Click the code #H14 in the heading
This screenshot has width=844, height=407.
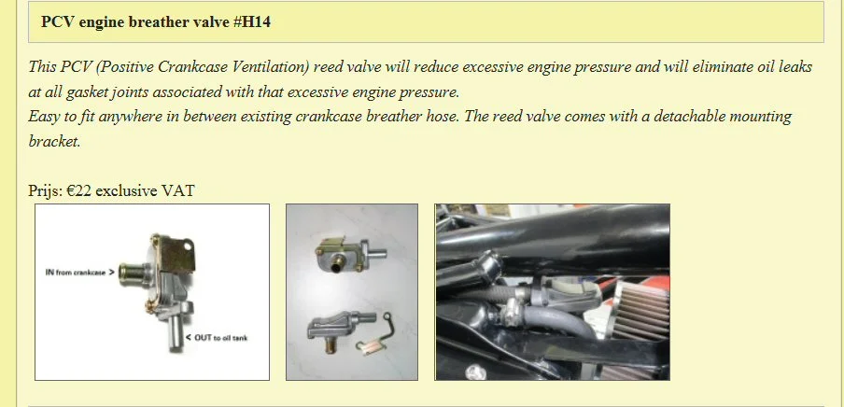(x=252, y=22)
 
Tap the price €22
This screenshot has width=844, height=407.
(x=79, y=190)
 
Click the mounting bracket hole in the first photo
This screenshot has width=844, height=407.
(x=187, y=246)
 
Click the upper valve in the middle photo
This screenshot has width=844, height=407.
(x=349, y=252)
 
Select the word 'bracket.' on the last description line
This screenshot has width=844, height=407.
(x=54, y=142)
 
